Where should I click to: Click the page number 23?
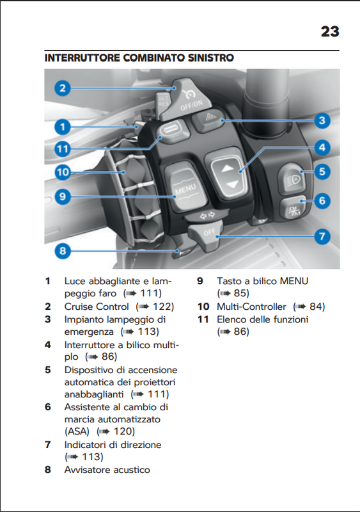point(330,31)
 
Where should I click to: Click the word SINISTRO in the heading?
point(210,58)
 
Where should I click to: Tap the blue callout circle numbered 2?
point(63,88)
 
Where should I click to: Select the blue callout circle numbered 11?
point(63,149)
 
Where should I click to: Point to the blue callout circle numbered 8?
point(63,251)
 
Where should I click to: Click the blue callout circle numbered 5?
point(322,172)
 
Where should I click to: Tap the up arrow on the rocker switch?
point(228,168)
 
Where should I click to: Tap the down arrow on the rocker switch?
point(232,184)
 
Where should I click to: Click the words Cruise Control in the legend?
point(97,307)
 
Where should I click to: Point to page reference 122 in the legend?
point(163,307)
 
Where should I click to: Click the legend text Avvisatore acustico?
point(107,470)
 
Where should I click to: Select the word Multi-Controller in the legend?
point(251,307)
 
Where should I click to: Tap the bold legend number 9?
point(200,281)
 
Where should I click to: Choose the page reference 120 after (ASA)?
point(124,431)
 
